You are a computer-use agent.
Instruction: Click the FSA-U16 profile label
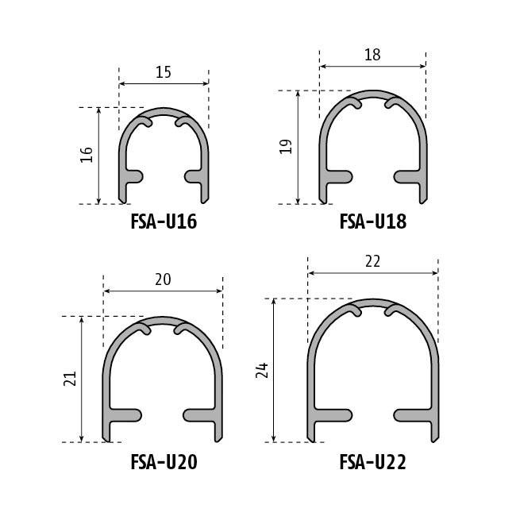tap(164, 221)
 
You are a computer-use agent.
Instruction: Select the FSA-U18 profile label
tap(373, 221)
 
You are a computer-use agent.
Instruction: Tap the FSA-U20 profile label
tap(164, 462)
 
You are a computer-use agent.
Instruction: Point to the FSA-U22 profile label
tap(373, 462)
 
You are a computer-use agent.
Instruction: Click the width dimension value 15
tap(164, 72)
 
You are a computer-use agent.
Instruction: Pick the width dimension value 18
tap(372, 55)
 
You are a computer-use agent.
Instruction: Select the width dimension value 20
tap(164, 279)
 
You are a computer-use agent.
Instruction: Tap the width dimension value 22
tap(373, 262)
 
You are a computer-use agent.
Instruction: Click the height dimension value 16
tap(87, 155)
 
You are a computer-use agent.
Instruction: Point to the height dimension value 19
tap(286, 147)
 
